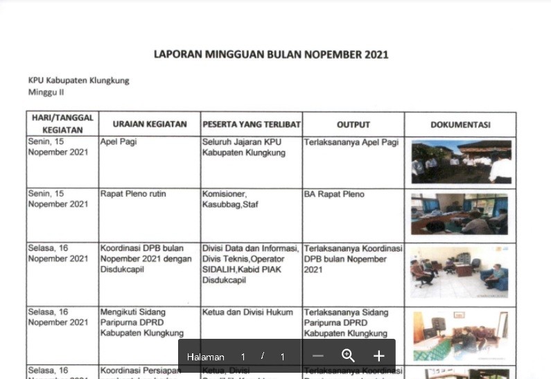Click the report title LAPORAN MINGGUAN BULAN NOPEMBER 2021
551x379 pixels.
tap(271, 55)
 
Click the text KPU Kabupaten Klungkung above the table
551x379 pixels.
tap(78, 80)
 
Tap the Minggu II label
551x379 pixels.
tap(46, 92)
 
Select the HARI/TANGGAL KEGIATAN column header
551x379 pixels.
tap(62, 124)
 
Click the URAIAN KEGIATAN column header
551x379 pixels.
tap(150, 125)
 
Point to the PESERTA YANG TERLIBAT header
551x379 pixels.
tap(252, 125)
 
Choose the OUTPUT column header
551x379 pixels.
tap(353, 125)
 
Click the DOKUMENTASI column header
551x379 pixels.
tap(460, 125)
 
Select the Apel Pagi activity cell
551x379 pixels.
tap(119, 142)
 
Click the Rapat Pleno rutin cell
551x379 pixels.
tap(133, 194)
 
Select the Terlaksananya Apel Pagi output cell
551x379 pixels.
tap(351, 142)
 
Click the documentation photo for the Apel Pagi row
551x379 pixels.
tap(461, 161)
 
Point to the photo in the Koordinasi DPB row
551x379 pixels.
tap(460, 272)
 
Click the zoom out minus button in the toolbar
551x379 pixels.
tap(318, 356)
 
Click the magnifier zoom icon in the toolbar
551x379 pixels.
tap(348, 356)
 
